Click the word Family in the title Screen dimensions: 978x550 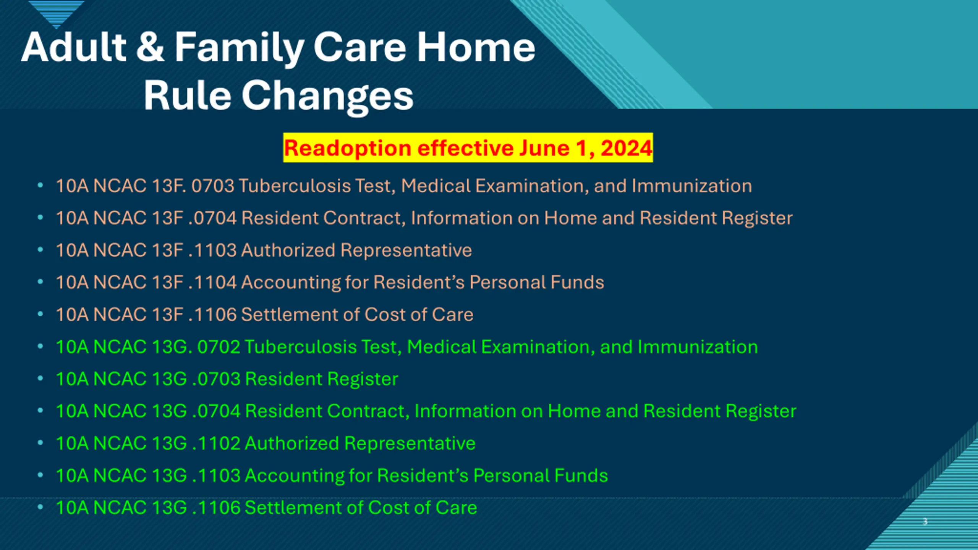tap(239, 48)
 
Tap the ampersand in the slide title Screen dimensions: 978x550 tap(150, 47)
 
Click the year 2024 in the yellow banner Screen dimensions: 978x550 tap(626, 148)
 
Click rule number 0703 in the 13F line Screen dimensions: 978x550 tap(212, 186)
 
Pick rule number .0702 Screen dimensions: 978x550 tap(219, 347)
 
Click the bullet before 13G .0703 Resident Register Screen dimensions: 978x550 tap(40, 379)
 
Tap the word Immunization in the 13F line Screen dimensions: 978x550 tap(691, 186)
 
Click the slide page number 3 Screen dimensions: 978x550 tap(925, 521)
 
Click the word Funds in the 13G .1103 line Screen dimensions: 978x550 tap(581, 476)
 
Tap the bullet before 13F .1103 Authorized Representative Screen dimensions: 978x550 tap(40, 250)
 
